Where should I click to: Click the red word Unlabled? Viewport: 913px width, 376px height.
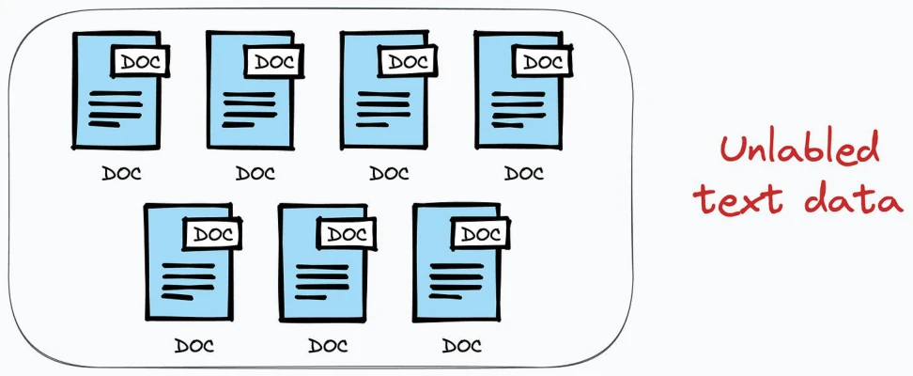coord(798,149)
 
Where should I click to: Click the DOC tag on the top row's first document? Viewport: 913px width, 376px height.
coord(140,61)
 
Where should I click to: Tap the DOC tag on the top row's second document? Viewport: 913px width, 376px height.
coord(273,61)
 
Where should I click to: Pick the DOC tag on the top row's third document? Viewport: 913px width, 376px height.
coord(408,61)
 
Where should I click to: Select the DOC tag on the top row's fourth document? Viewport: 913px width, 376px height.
coord(542,61)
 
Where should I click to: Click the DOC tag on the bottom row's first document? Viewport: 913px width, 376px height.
coord(212,233)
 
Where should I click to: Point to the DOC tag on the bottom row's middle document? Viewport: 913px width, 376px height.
coord(347,233)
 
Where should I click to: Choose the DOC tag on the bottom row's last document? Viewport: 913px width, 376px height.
coord(480,233)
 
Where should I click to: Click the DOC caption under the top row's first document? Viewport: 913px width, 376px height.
coord(121,173)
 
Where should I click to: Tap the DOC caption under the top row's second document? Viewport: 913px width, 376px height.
coord(255,173)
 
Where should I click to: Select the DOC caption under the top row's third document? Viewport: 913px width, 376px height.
coord(389,173)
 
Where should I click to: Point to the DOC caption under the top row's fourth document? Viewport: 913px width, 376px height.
coord(523,173)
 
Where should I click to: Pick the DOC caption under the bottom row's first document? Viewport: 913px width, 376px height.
coord(193,346)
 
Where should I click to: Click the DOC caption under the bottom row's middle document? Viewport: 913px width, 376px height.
coord(328,346)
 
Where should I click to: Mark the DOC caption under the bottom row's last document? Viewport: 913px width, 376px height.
coord(462,346)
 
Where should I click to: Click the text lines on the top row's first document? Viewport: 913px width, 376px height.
coord(116,109)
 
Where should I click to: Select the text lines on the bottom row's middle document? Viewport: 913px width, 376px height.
coord(322,282)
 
